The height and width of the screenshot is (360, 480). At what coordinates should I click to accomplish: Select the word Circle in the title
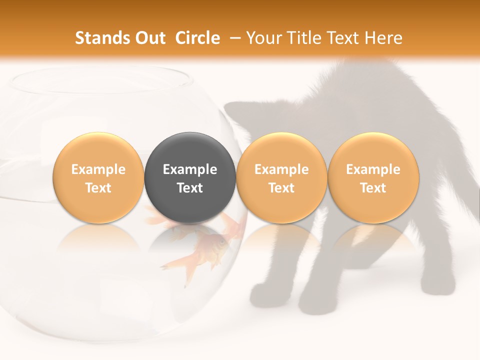[197, 38]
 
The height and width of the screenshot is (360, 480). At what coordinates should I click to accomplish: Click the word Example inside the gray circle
[190, 169]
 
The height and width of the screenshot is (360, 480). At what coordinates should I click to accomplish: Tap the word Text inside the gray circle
[190, 188]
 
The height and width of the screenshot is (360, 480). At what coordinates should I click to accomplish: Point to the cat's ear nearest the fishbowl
[235, 111]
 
